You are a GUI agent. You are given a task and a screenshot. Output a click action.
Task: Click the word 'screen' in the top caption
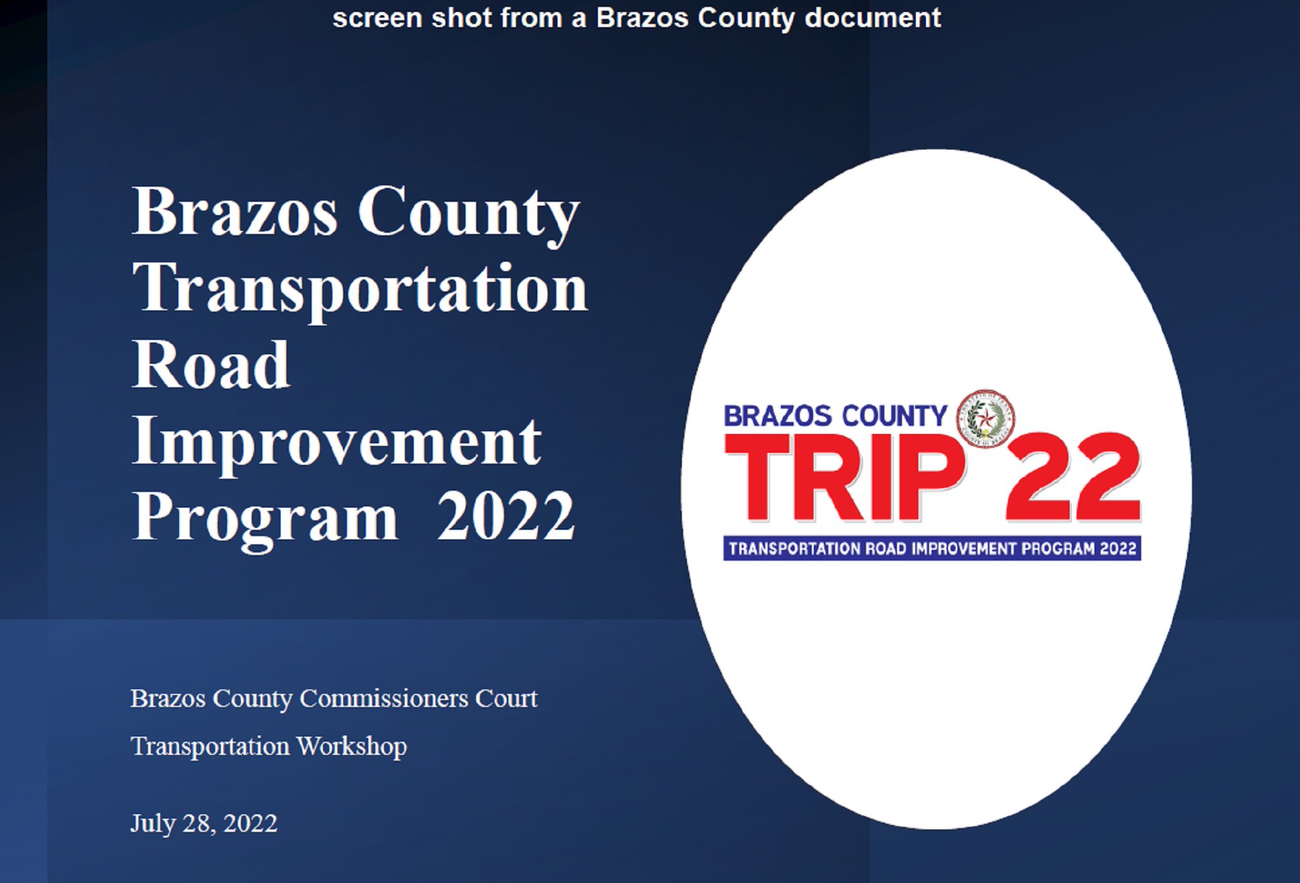click(x=377, y=18)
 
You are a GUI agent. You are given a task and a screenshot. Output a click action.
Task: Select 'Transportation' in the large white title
click(x=360, y=289)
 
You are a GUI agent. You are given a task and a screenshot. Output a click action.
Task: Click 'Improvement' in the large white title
click(x=337, y=441)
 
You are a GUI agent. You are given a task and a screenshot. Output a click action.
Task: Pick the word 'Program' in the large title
click(x=265, y=517)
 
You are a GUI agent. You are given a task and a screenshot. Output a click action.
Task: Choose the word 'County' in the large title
click(x=468, y=212)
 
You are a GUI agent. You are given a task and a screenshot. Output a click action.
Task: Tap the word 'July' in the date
click(x=152, y=823)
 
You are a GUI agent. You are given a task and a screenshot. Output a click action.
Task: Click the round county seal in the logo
click(x=985, y=418)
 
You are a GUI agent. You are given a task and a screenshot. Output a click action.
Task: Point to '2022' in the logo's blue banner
click(x=1118, y=548)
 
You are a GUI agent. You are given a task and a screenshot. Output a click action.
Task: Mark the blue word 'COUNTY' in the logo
click(x=894, y=416)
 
